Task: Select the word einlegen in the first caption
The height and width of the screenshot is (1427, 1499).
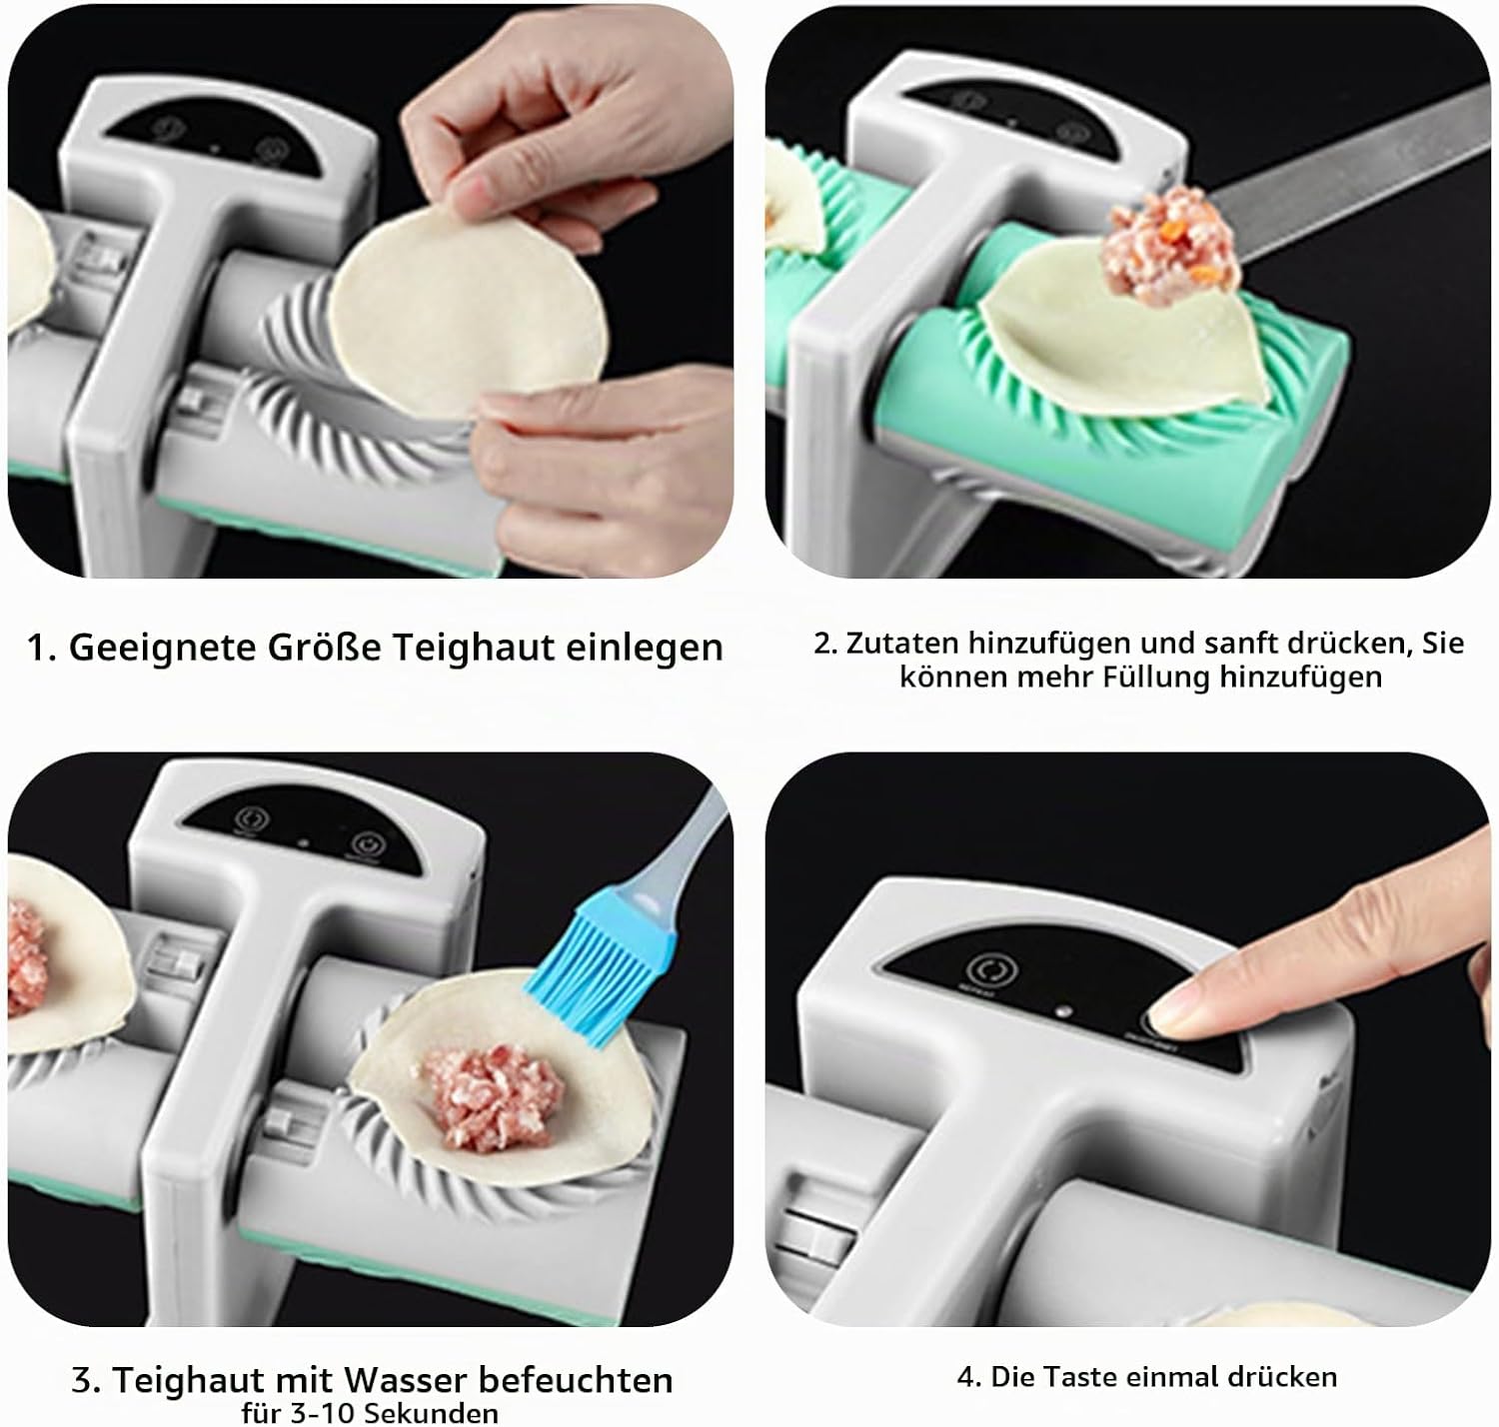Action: pyautogui.click(x=645, y=648)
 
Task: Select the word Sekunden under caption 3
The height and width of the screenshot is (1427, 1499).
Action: pyautogui.click(x=436, y=1413)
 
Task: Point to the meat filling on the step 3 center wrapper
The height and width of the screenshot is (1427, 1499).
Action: pyautogui.click(x=493, y=1096)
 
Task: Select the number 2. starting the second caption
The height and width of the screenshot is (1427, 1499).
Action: pyautogui.click(x=825, y=643)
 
